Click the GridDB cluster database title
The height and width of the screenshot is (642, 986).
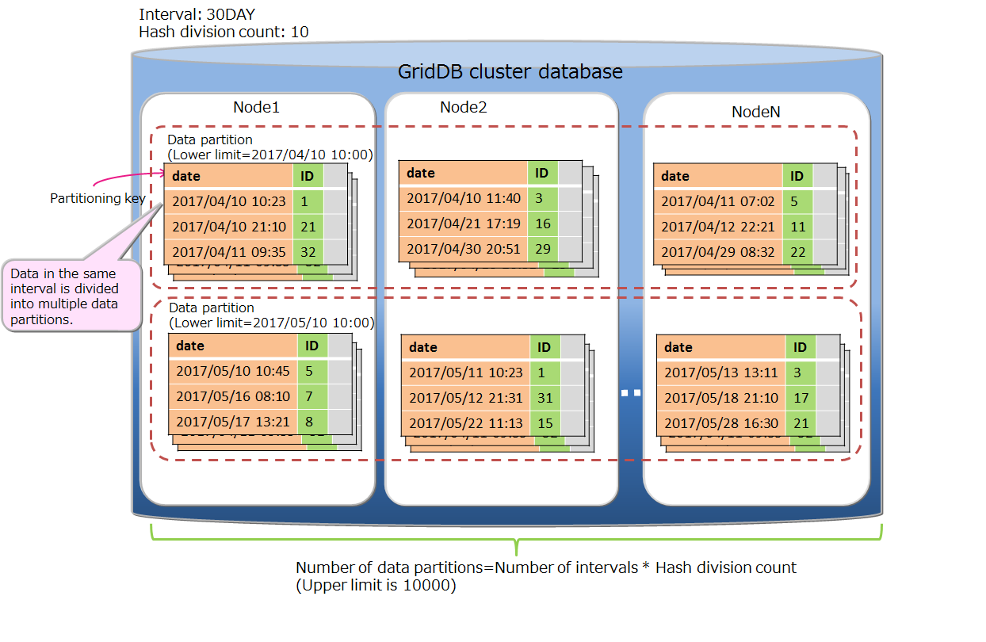(510, 72)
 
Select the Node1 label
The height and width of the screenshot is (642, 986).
(256, 108)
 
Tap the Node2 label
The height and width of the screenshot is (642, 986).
(463, 107)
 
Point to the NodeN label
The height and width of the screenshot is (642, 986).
(755, 112)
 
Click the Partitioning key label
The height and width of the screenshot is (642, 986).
(97, 198)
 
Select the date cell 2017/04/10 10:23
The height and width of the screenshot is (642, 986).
(228, 201)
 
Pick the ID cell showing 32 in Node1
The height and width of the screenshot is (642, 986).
(308, 252)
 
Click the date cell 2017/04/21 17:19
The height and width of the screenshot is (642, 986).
(464, 224)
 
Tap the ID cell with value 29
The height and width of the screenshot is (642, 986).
(543, 249)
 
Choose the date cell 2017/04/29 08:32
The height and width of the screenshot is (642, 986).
(718, 252)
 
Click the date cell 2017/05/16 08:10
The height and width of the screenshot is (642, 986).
(233, 396)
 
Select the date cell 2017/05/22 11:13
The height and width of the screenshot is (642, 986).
(465, 423)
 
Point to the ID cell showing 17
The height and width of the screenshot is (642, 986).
(801, 398)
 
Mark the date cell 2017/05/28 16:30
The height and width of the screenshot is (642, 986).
(721, 423)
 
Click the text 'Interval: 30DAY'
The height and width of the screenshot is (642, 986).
(197, 14)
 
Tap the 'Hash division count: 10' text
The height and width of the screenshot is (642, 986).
(224, 32)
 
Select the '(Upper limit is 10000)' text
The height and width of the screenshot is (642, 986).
(376, 586)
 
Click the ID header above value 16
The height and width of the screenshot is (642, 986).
(542, 173)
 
